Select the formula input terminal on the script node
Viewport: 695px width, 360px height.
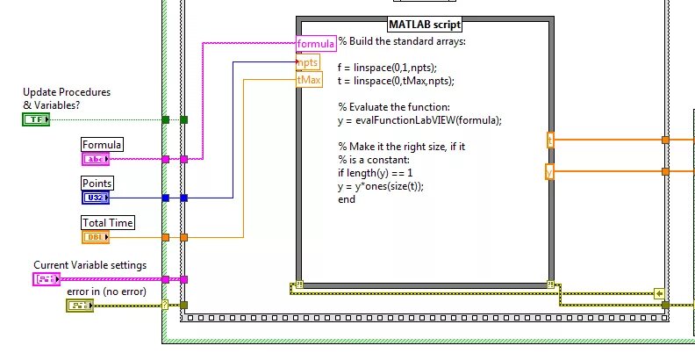[316, 44]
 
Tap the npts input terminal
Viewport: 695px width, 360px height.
[307, 62]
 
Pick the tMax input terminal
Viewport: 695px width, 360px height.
[310, 80]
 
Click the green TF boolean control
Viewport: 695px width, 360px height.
[36, 119]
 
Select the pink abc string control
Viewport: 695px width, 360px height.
[95, 159]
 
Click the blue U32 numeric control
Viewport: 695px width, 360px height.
[96, 198]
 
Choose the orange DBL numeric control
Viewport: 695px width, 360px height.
[95, 237]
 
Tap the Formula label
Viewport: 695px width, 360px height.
[102, 145]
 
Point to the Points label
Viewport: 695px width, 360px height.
[97, 184]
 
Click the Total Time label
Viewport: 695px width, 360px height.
[108, 223]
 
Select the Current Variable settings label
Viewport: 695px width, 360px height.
[90, 265]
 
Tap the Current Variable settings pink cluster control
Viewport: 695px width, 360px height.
[47, 279]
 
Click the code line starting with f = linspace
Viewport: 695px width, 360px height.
[387, 68]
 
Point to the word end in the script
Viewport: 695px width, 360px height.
[347, 199]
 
